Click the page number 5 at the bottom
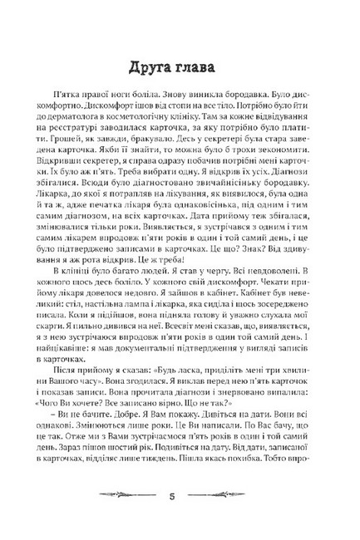click(x=179, y=498)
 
